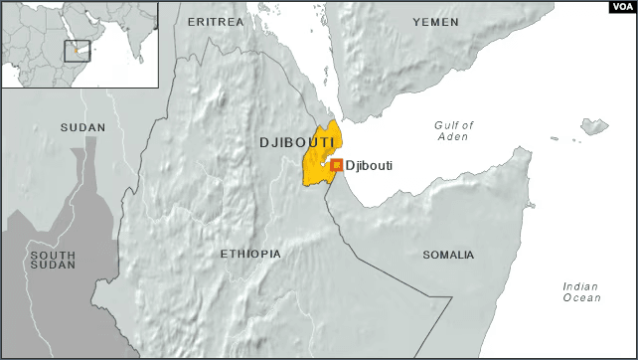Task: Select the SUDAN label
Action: [82, 128]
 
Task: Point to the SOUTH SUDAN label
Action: [53, 262]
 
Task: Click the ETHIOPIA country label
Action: [250, 255]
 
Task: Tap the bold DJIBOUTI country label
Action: [295, 143]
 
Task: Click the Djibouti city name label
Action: [369, 165]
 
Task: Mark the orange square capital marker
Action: [336, 165]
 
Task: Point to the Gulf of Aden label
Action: [454, 130]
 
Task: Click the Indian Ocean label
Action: [581, 292]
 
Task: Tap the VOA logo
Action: [621, 8]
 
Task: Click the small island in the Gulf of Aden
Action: [594, 127]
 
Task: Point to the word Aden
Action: [454, 136]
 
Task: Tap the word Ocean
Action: [581, 298]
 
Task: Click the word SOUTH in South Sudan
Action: [53, 256]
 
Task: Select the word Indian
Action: [581, 286]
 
